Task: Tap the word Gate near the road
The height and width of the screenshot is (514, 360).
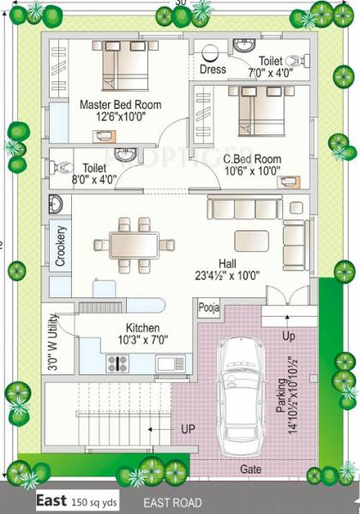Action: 251,469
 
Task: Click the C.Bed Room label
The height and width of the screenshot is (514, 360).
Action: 252,159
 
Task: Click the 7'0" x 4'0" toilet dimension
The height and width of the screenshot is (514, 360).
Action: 271,75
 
